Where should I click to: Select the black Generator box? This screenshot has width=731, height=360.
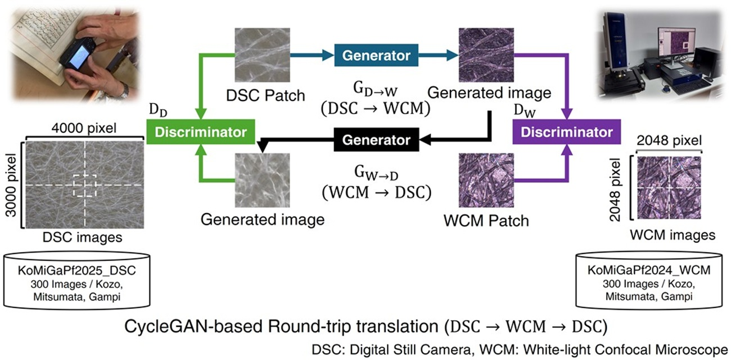point(376,139)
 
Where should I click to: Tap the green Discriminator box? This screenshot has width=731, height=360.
point(200,133)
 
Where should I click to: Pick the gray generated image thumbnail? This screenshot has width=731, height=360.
point(263,180)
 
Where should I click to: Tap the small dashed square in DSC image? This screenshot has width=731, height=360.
point(84,185)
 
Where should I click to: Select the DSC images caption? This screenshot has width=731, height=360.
point(82,237)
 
